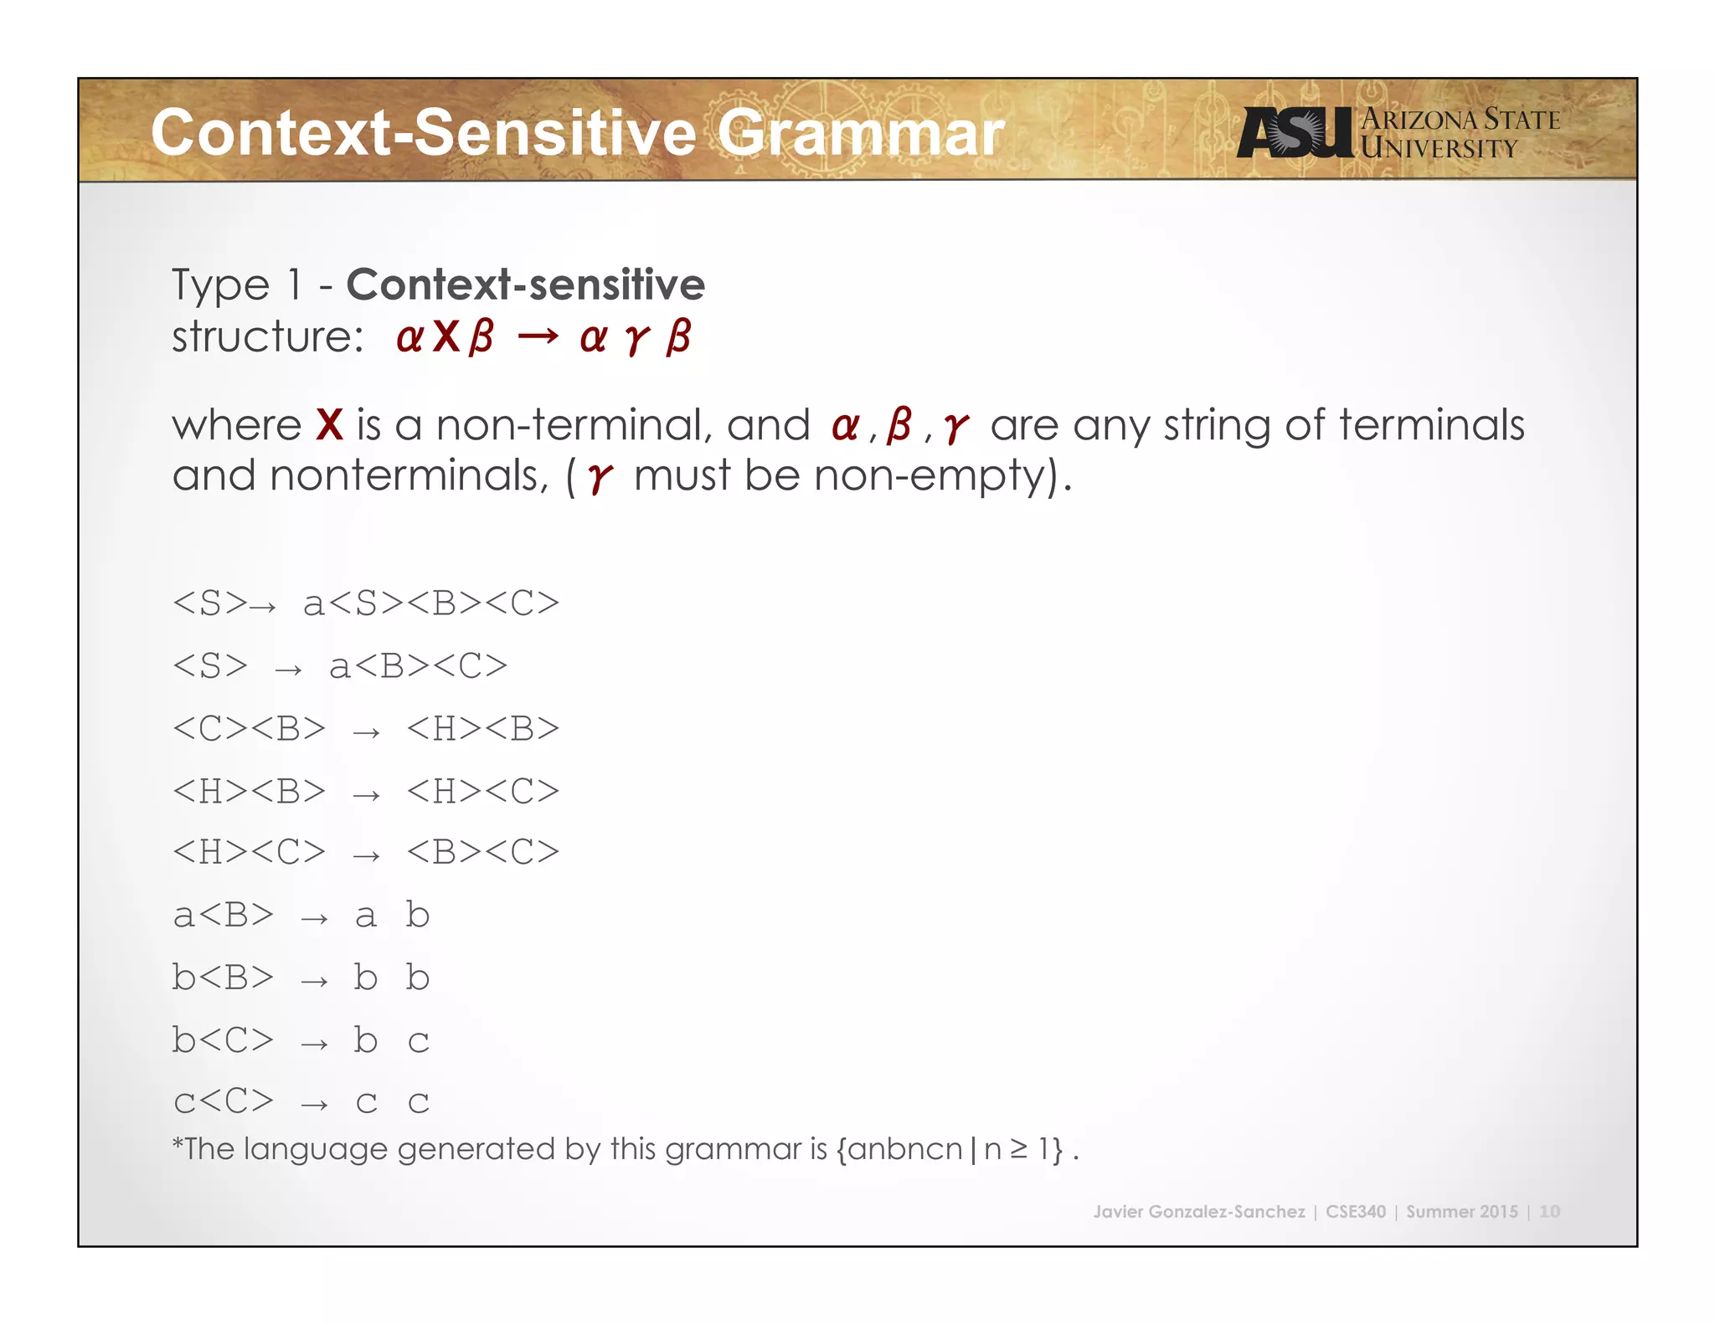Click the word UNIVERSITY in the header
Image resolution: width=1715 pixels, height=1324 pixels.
coord(1438,149)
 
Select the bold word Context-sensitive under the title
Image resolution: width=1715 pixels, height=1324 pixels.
coord(525,285)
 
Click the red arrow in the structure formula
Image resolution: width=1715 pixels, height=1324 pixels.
coord(537,337)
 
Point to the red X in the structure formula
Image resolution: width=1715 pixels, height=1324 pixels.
coord(446,336)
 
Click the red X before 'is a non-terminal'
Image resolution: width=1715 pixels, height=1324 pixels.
coord(330,425)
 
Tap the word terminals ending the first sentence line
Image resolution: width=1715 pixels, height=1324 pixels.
coord(1431,425)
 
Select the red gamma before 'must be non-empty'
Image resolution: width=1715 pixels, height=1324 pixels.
coord(600,477)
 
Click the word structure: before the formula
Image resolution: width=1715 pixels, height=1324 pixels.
coord(267,336)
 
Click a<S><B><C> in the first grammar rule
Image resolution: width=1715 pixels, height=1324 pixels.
coord(430,603)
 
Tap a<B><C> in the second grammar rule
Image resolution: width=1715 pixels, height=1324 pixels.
coord(418,666)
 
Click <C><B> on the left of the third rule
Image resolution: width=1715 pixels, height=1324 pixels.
coord(249,729)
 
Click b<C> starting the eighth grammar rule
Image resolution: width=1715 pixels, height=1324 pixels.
coord(223,1040)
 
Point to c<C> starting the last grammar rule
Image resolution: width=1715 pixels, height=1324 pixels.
coord(223,1101)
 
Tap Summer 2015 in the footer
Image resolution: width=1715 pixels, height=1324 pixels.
coord(1461,1211)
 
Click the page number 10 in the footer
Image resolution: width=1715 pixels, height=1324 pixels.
coord(1549,1211)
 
